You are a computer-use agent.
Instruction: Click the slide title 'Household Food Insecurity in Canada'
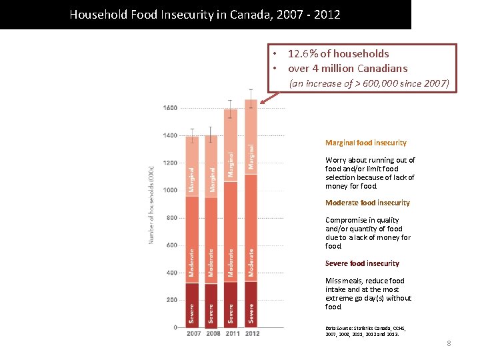click(205, 14)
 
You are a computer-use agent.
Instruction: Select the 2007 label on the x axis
click(193, 333)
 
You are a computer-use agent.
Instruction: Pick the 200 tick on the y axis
click(171, 300)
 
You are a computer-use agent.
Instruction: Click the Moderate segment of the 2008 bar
click(211, 240)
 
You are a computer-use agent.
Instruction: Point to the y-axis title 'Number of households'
click(151, 204)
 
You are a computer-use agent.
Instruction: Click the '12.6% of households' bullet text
click(338, 53)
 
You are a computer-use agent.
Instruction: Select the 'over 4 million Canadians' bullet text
click(347, 68)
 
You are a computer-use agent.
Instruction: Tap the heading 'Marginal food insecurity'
click(365, 143)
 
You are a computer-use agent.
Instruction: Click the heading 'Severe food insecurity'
click(362, 263)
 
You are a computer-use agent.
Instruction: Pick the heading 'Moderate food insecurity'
click(367, 203)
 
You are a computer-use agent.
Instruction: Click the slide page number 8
click(449, 343)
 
